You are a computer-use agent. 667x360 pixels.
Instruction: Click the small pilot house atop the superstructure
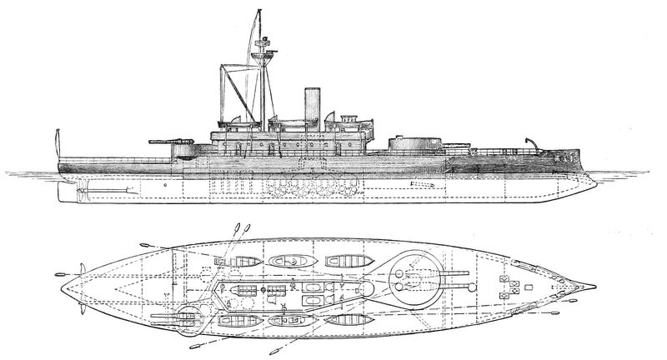[343, 116]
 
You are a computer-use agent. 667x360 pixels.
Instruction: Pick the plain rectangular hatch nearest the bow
[503, 277]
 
